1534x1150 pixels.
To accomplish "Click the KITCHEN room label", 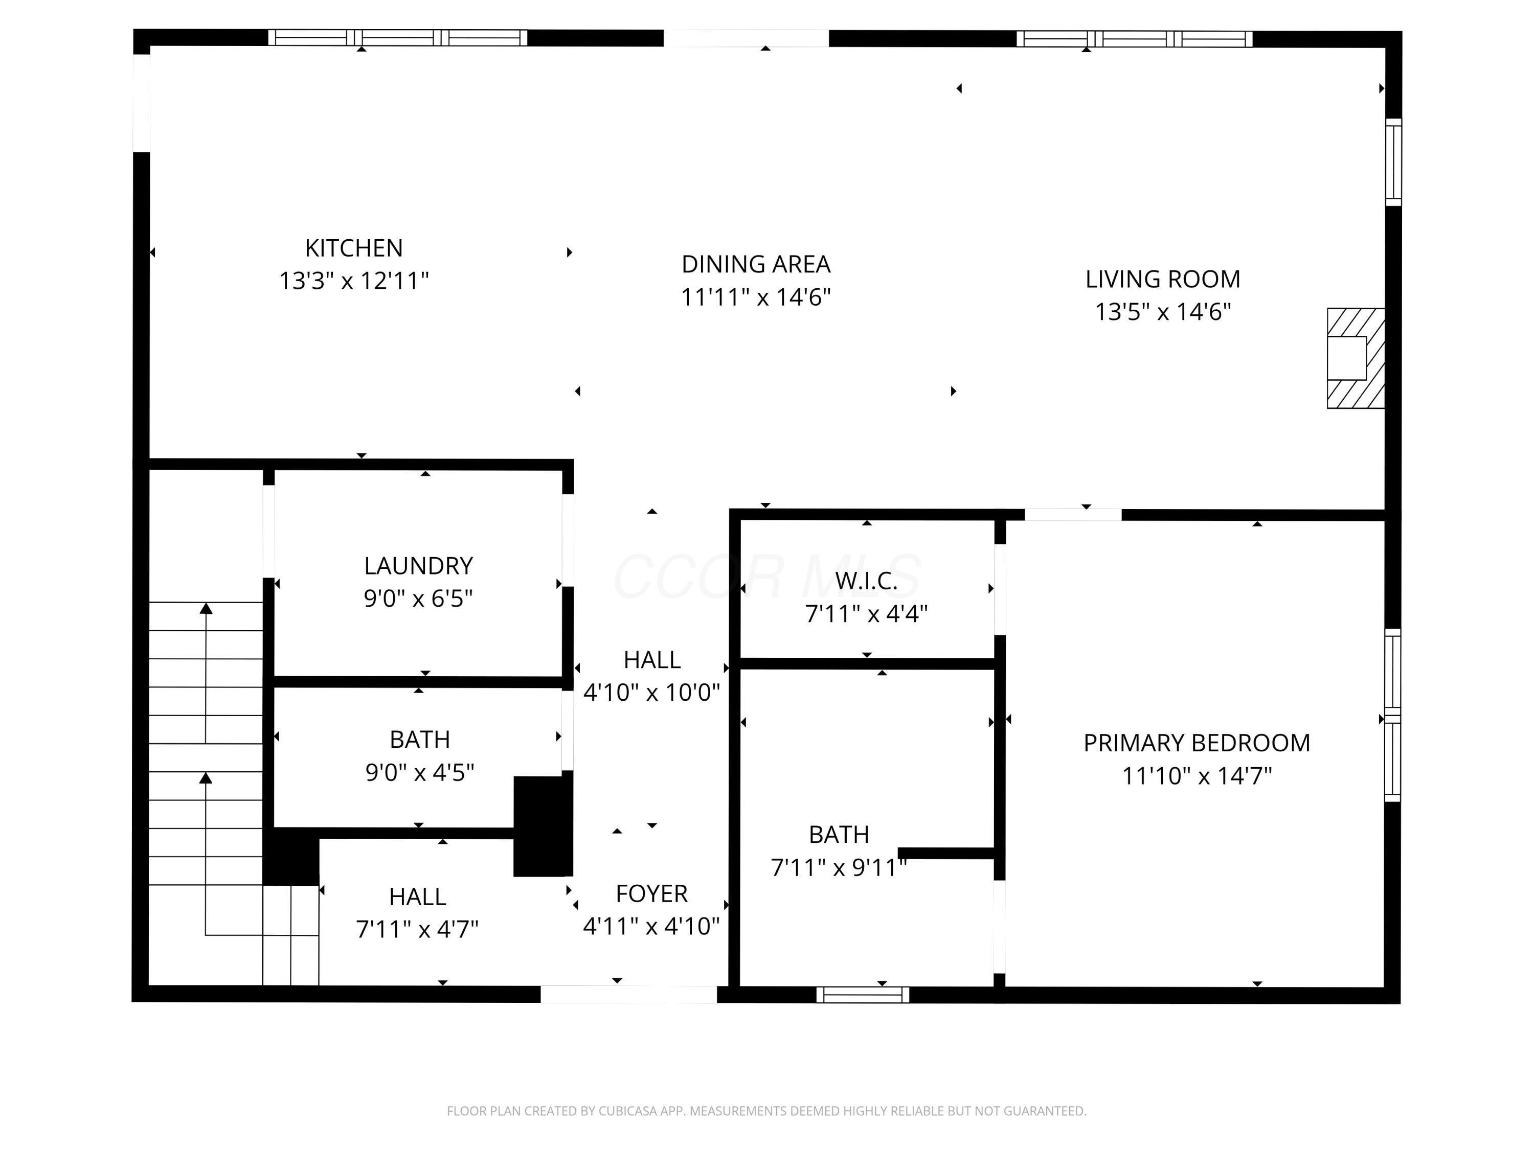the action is point(354,247).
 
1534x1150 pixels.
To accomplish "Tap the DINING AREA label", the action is point(756,264).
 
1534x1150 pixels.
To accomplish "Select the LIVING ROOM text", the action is point(1163,279).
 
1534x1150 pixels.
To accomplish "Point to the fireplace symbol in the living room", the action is point(1356,358).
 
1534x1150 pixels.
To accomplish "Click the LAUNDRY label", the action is point(418,566).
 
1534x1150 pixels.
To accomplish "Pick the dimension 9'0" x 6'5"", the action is point(418,597).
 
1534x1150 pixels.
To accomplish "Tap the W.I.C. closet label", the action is point(866,581).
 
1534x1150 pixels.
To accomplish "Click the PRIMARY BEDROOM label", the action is point(1197,743).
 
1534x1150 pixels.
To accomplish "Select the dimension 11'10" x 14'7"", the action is point(1197,775).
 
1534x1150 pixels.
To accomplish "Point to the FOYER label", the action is point(652,893).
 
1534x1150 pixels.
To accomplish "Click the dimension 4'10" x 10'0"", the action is point(652,692).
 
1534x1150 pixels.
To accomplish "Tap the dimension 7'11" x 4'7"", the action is point(417,929).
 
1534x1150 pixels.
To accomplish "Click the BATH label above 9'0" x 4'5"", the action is point(420,740).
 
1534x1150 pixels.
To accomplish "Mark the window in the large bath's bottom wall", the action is point(863,995).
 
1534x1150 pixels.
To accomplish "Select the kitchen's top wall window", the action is point(397,37).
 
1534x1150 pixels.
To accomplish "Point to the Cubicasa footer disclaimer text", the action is point(766,1111).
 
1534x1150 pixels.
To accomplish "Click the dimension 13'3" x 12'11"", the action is point(354,281).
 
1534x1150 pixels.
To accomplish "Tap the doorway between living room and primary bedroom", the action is point(1073,514).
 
